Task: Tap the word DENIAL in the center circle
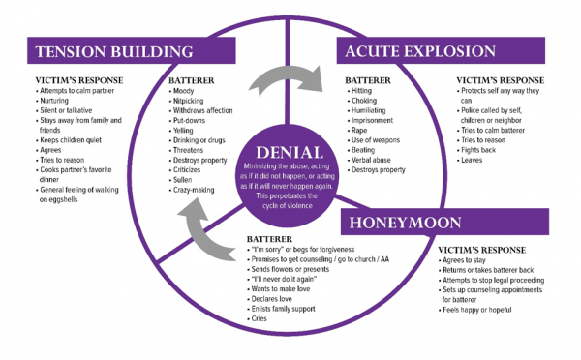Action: click(289, 154)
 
